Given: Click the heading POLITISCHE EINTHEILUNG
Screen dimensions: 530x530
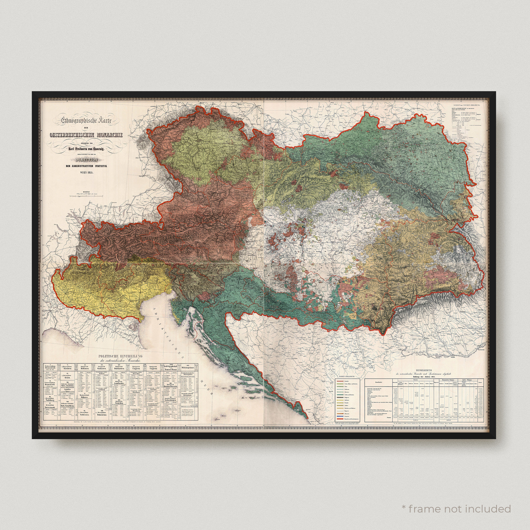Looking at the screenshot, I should pyautogui.click(x=122, y=356).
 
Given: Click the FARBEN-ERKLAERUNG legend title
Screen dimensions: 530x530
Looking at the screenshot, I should pyautogui.click(x=346, y=377).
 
